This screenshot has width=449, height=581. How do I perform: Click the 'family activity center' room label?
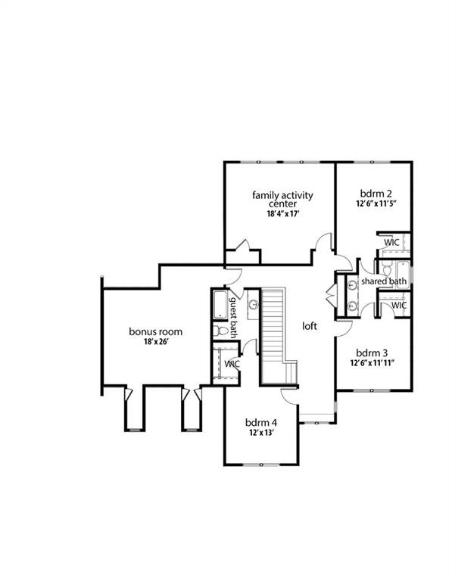[x=282, y=200]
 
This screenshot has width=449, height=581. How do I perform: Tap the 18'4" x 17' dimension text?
[x=283, y=214]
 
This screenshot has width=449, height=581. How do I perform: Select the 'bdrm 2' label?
[x=374, y=193]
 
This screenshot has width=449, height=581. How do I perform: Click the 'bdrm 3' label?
[x=372, y=352]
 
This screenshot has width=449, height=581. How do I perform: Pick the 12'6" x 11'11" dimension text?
[x=373, y=363]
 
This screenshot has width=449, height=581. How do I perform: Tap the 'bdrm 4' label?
[x=260, y=421]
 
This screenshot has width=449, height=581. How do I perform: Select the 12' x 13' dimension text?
[x=260, y=433]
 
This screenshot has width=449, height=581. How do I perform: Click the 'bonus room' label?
[x=155, y=331]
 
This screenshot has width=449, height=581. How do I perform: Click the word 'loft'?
[x=310, y=326]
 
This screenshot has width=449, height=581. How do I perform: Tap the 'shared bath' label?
[x=383, y=281]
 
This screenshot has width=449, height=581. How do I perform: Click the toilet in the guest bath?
[x=219, y=331]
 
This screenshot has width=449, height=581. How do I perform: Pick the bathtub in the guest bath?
[x=219, y=304]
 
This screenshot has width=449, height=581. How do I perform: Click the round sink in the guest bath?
[x=253, y=305]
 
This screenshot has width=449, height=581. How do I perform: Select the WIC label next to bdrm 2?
[x=391, y=242]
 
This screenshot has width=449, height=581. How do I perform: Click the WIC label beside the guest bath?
[x=232, y=364]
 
